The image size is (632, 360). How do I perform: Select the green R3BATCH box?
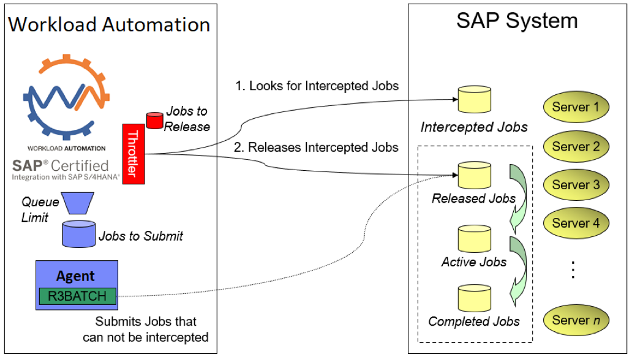point(77,296)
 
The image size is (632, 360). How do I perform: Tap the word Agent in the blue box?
point(75,276)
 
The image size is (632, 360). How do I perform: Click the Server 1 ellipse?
point(576,107)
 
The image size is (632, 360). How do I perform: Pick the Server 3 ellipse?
point(576,185)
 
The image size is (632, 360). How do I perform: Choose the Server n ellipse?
point(576,320)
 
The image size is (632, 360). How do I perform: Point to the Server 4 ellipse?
point(576,223)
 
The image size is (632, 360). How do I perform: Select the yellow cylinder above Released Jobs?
point(474,176)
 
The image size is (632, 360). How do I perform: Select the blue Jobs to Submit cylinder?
point(79,233)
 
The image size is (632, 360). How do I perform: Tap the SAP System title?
point(516,21)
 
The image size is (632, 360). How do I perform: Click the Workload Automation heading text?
point(109,25)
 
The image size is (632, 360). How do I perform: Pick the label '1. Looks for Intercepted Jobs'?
point(317,86)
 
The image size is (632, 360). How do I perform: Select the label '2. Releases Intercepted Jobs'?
point(316,147)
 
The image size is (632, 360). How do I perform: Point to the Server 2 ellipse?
point(576,146)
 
